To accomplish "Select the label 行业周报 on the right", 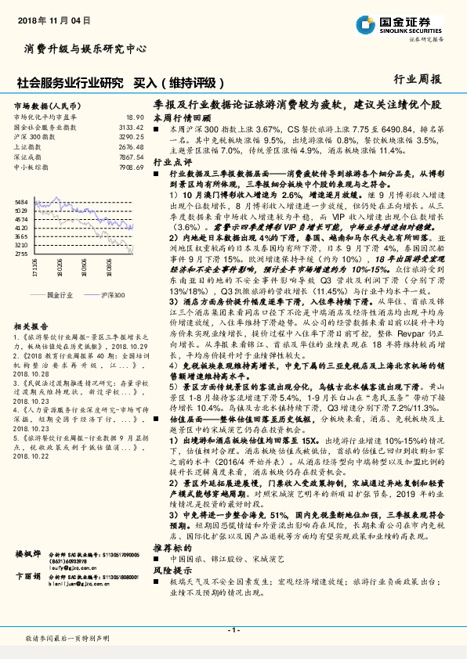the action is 418,80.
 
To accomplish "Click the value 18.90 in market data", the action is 135,116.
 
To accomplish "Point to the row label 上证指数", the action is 28,146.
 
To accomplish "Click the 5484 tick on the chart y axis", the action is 21,201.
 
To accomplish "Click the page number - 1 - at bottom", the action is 233,630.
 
